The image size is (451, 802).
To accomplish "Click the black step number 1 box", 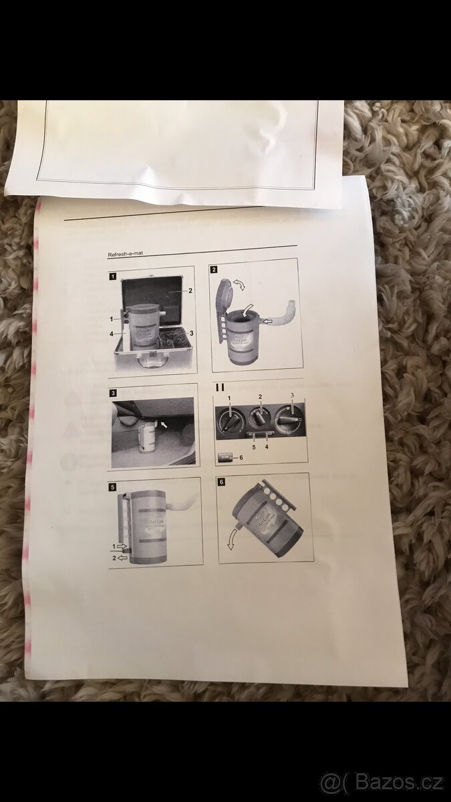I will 114,274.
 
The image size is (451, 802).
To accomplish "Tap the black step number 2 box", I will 213,269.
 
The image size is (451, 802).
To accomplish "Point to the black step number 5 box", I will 114,487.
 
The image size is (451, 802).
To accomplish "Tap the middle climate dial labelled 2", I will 259,418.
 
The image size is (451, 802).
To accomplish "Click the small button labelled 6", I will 226,456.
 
